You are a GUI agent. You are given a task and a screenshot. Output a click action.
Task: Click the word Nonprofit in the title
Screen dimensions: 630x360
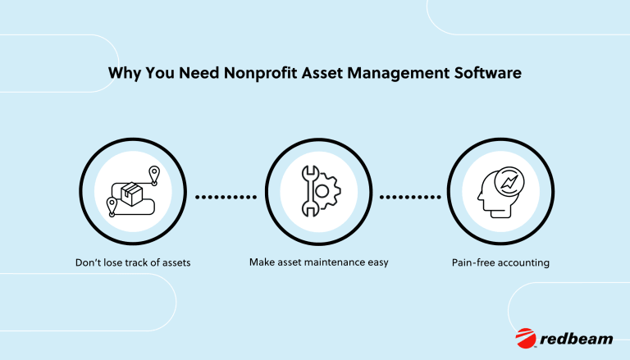pos(260,73)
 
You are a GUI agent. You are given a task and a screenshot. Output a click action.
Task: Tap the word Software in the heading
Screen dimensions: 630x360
pos(488,73)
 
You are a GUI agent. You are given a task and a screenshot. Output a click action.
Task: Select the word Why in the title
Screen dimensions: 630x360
pos(125,74)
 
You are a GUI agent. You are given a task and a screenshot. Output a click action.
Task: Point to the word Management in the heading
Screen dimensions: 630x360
pos(398,74)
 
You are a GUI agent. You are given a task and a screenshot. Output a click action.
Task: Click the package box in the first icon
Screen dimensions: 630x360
pos(132,194)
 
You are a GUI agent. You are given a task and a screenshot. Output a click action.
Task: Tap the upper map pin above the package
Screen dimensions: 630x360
pos(154,175)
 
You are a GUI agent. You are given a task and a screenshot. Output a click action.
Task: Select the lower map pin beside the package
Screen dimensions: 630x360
pos(112,207)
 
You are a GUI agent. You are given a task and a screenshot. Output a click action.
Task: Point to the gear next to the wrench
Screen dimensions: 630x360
pos(327,191)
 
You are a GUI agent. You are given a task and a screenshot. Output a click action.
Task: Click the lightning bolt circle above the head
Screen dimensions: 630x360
pos(509,182)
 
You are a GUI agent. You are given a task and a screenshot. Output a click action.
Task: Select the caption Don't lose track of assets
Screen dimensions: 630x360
pos(133,262)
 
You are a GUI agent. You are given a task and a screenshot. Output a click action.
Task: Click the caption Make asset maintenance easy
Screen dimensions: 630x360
pos(318,262)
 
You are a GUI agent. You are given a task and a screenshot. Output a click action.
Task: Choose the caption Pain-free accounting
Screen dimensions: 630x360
pos(500,262)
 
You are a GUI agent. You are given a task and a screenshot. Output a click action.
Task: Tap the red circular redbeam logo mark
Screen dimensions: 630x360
pos(526,338)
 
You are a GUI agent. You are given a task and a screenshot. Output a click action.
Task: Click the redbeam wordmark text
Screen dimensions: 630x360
pos(577,339)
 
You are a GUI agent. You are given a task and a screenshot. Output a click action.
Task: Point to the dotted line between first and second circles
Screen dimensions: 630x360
pos(226,197)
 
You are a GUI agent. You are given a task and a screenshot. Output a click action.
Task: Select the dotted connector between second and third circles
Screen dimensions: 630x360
pos(410,197)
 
